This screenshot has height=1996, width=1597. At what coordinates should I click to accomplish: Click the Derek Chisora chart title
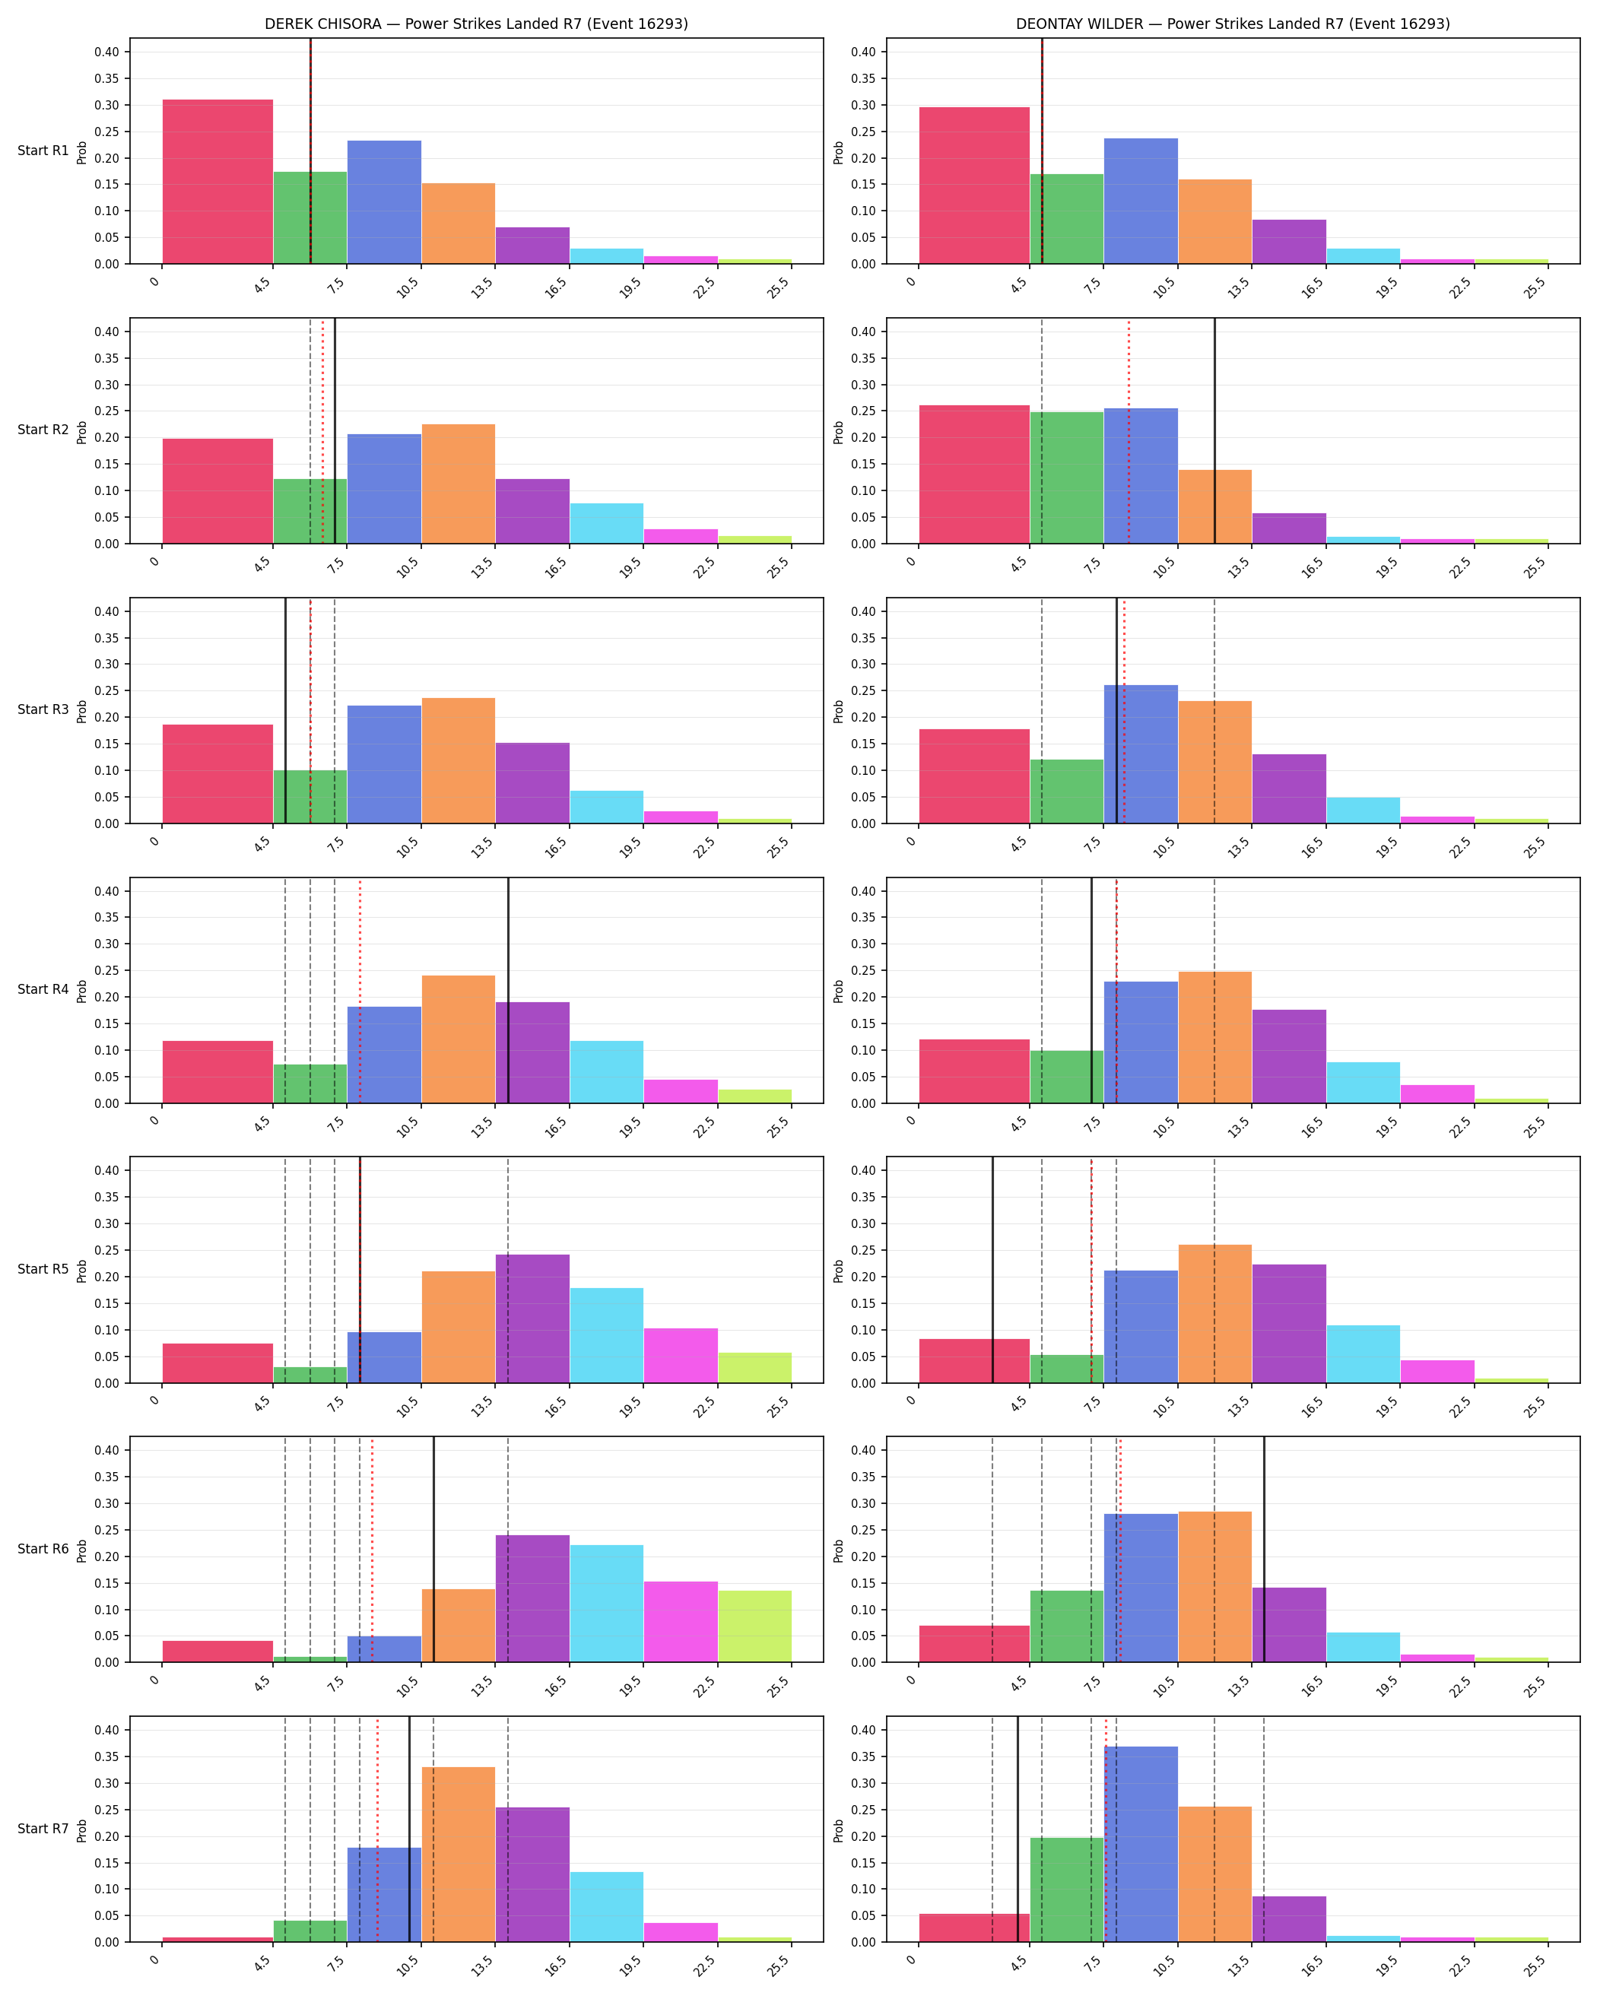476,24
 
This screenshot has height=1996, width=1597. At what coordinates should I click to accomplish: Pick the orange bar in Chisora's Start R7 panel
459,1855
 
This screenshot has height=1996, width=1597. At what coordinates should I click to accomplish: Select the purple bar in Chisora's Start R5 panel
532,1319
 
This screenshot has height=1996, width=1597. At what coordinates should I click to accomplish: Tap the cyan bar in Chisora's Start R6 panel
606,1604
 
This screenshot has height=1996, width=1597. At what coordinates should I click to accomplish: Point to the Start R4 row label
43,990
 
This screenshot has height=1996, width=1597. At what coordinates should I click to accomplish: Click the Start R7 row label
43,1829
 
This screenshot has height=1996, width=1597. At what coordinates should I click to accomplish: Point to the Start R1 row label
43,151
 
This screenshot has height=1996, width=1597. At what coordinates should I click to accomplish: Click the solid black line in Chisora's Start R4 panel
508,991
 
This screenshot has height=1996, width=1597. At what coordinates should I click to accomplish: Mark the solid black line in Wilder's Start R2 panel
1214,430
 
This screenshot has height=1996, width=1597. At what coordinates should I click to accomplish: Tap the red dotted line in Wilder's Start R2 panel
1129,430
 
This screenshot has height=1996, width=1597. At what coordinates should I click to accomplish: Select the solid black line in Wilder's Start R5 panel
992,1270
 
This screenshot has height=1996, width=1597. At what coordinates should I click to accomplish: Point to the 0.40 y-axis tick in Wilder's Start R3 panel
863,611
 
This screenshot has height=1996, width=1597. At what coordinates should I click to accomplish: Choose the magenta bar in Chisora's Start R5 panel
681,1355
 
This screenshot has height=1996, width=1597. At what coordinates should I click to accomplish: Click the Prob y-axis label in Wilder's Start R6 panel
839,1550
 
